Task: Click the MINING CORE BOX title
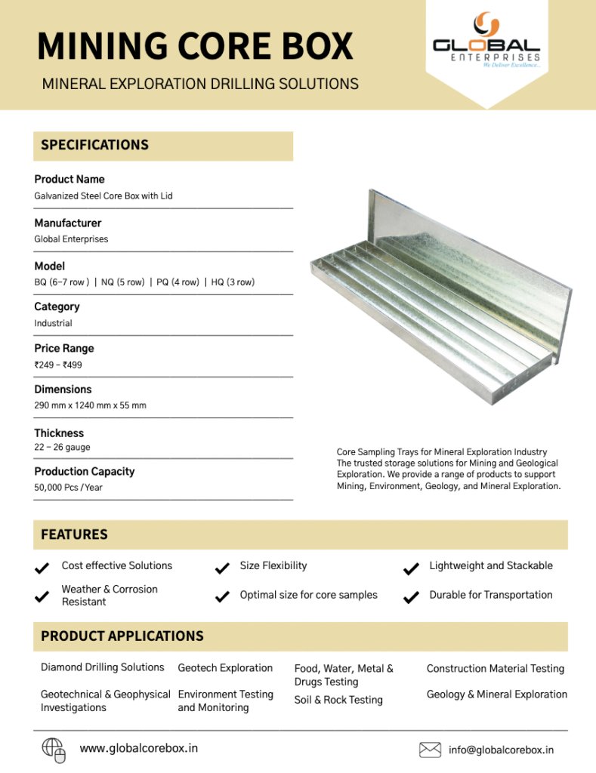coord(195,46)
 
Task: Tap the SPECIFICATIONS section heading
coord(94,145)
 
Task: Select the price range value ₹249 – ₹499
coord(58,365)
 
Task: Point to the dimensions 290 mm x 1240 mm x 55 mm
coord(90,405)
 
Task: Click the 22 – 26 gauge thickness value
coord(62,448)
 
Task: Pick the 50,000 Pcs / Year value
coord(68,488)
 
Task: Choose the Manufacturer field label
coord(67,223)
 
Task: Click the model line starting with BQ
coord(144,282)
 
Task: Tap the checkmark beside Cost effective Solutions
coord(43,567)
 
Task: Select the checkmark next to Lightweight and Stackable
coord(411,568)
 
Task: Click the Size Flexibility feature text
coord(273,565)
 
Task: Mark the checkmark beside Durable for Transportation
coord(411,597)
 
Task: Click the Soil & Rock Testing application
coord(338,700)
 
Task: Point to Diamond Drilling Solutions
coord(102,667)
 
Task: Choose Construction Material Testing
coord(496,668)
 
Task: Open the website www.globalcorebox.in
coord(139,748)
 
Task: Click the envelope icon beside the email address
coord(430,750)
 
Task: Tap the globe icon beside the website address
coord(53,747)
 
